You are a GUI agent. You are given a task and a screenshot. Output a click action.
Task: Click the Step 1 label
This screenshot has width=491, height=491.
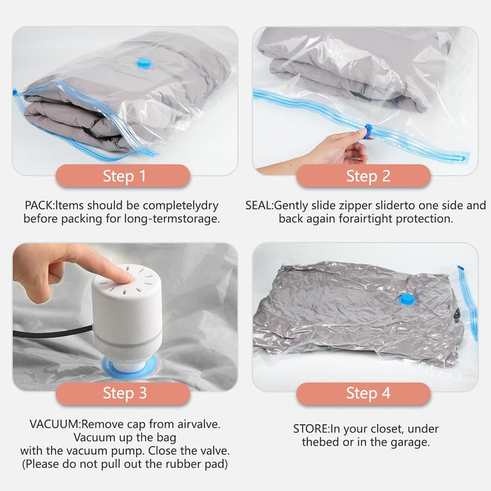pyautogui.click(x=123, y=176)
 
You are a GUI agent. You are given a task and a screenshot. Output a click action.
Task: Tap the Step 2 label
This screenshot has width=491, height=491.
pyautogui.click(x=363, y=176)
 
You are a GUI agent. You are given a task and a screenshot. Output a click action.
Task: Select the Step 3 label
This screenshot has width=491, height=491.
pyautogui.click(x=123, y=393)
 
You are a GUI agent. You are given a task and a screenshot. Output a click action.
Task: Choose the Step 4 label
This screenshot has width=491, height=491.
pyautogui.click(x=363, y=393)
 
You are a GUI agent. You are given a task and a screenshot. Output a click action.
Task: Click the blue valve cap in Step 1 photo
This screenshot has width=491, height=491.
pyautogui.click(x=145, y=63)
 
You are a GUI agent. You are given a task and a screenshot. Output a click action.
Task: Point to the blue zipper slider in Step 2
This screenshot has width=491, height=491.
pyautogui.click(x=368, y=130)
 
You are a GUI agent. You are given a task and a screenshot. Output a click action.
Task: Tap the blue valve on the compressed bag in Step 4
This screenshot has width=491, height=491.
pyautogui.click(x=407, y=299)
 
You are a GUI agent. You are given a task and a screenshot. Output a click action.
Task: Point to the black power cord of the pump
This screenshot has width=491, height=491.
pyautogui.click(x=53, y=333)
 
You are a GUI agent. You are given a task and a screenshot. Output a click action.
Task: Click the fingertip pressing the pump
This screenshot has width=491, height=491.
pyautogui.click(x=126, y=277)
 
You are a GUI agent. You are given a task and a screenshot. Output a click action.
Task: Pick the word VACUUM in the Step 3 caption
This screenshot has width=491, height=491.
pyautogui.click(x=55, y=424)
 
